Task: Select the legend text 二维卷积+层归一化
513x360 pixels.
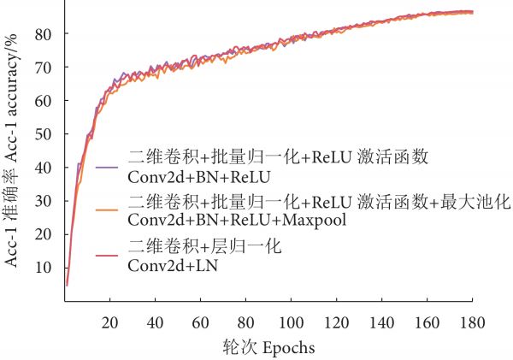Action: tap(203, 247)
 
